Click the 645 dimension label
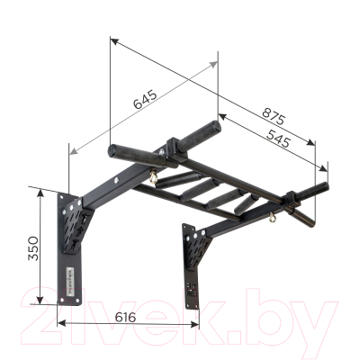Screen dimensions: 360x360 point(145,99)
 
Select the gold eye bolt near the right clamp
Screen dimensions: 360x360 point(266,215)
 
